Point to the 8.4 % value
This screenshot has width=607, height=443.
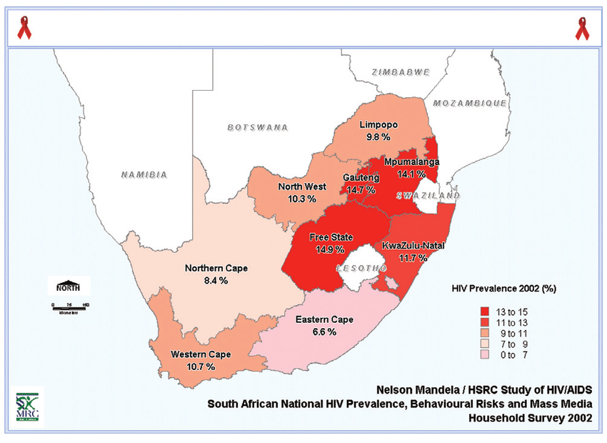[216, 281]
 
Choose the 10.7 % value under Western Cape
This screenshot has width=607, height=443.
[200, 366]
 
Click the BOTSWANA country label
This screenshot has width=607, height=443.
[258, 127]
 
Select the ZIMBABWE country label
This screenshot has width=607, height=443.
[401, 72]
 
